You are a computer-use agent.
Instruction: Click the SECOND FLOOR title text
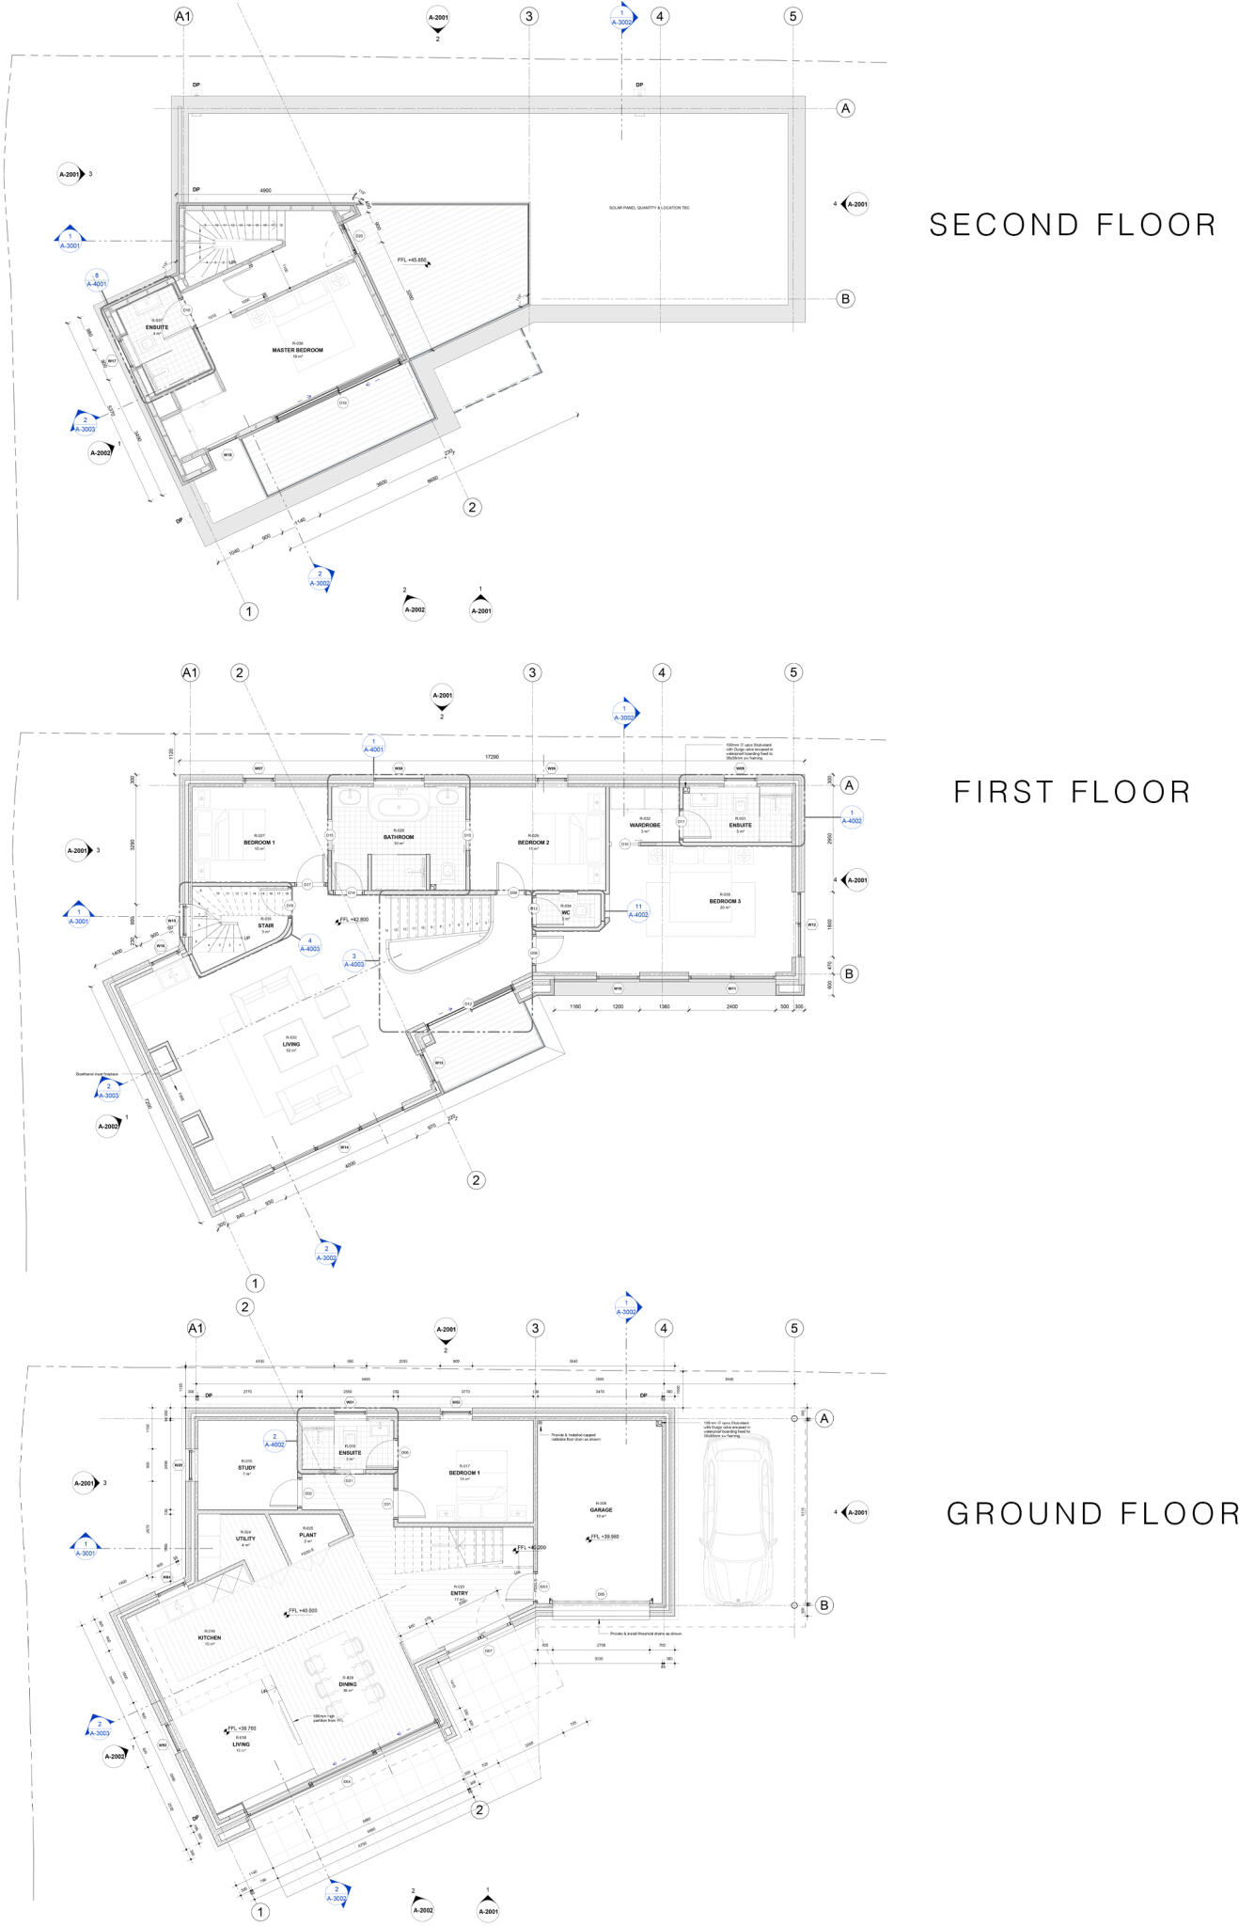point(1073,225)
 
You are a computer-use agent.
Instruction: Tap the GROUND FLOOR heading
point(1092,1513)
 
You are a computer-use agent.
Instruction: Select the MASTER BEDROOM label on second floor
point(297,350)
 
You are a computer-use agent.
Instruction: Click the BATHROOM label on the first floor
point(399,836)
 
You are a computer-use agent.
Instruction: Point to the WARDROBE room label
point(646,825)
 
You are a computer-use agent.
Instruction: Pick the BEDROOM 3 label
point(725,901)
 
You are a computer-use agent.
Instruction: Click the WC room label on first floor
point(566,911)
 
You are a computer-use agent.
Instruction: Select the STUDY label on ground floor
point(246,1467)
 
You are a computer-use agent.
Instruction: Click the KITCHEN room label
point(209,1637)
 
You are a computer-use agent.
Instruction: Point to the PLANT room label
point(307,1535)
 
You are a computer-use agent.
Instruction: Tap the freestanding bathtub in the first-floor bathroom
point(399,806)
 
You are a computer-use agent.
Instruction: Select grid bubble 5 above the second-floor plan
point(792,16)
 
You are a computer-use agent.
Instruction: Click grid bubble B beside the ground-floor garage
point(823,1605)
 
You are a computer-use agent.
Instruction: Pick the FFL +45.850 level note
point(412,259)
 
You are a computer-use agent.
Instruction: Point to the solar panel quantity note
point(649,207)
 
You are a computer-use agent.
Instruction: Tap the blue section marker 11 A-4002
point(638,910)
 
